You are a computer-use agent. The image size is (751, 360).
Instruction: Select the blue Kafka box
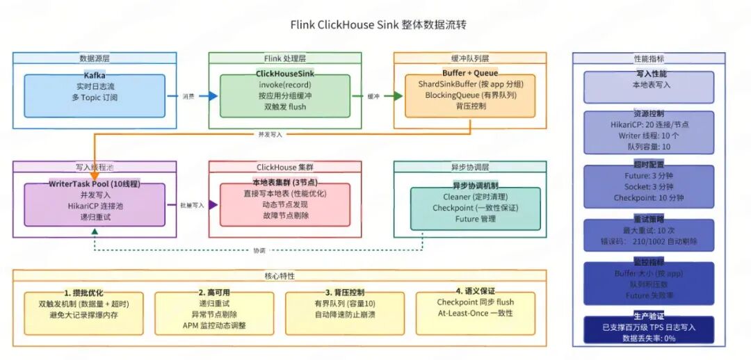coord(95,96)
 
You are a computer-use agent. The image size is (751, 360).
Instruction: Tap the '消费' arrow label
coord(188,97)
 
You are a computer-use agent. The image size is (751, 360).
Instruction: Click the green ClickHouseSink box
coord(282,96)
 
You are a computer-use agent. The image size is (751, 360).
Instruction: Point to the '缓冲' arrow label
coord(373,97)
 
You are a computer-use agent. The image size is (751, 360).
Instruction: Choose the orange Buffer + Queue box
coord(470,96)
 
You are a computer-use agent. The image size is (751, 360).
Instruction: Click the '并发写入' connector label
coord(270,134)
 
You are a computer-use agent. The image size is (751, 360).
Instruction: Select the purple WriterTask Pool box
coord(95,205)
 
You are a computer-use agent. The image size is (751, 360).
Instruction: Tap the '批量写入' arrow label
coord(192,206)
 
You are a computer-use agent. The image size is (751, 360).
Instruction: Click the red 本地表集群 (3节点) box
coord(284,205)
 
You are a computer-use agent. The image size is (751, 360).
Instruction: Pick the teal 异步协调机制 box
coord(474,208)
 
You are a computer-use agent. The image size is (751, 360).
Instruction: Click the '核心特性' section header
coord(279,276)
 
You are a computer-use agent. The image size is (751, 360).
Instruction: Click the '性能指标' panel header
coord(648,59)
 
